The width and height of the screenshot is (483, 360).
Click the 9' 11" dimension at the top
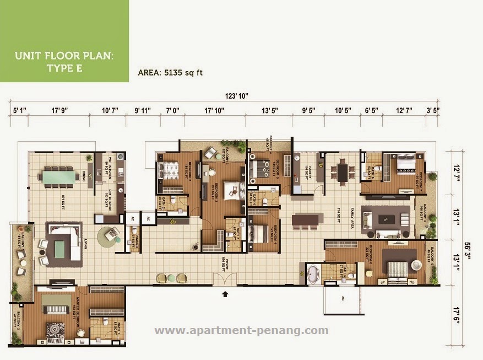[x=142, y=110]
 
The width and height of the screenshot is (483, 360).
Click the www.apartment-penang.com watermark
[x=241, y=331]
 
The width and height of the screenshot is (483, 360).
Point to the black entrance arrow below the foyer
[x=225, y=294]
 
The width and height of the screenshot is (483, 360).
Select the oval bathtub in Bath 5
[x=313, y=273]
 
